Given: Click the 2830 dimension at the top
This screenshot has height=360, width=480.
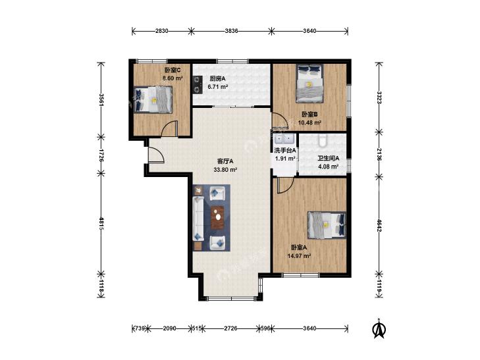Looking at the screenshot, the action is pyautogui.click(x=161, y=31).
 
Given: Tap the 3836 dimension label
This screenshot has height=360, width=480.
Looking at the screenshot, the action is pyautogui.click(x=231, y=31).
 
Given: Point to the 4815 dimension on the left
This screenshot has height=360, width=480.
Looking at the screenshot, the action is pyautogui.click(x=101, y=224).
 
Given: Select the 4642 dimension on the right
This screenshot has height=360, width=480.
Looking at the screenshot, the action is pyautogui.click(x=379, y=226).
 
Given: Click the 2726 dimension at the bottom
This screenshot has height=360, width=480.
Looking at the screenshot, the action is pyautogui.click(x=230, y=328).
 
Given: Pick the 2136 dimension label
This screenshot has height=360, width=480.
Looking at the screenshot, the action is pyautogui.click(x=379, y=155).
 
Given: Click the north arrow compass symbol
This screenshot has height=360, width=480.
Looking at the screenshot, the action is pyautogui.click(x=379, y=329).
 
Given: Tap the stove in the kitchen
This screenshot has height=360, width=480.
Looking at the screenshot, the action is pyautogui.click(x=198, y=84).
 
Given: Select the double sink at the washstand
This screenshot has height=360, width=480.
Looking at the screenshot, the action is pyautogui.click(x=284, y=140).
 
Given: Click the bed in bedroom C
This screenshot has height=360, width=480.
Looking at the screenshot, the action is pyautogui.click(x=153, y=100).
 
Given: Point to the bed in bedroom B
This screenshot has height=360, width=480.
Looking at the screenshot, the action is pyautogui.click(x=310, y=83).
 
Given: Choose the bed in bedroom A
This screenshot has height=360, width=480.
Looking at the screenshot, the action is pyautogui.click(x=327, y=226).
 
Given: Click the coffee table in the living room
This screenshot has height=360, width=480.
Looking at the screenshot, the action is pyautogui.click(x=217, y=217).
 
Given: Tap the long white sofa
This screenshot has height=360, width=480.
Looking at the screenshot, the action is pyautogui.click(x=198, y=219).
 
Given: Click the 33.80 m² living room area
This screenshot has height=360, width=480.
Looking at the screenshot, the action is pyautogui.click(x=225, y=170).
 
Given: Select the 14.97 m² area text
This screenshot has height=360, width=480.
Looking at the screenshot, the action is pyautogui.click(x=300, y=256).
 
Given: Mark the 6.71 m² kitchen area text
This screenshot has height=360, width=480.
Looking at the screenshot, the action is pyautogui.click(x=218, y=87).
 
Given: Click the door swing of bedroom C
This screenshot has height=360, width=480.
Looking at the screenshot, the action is pyautogui.click(x=170, y=128).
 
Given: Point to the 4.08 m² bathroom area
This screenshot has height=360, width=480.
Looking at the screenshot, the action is pyautogui.click(x=328, y=167).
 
